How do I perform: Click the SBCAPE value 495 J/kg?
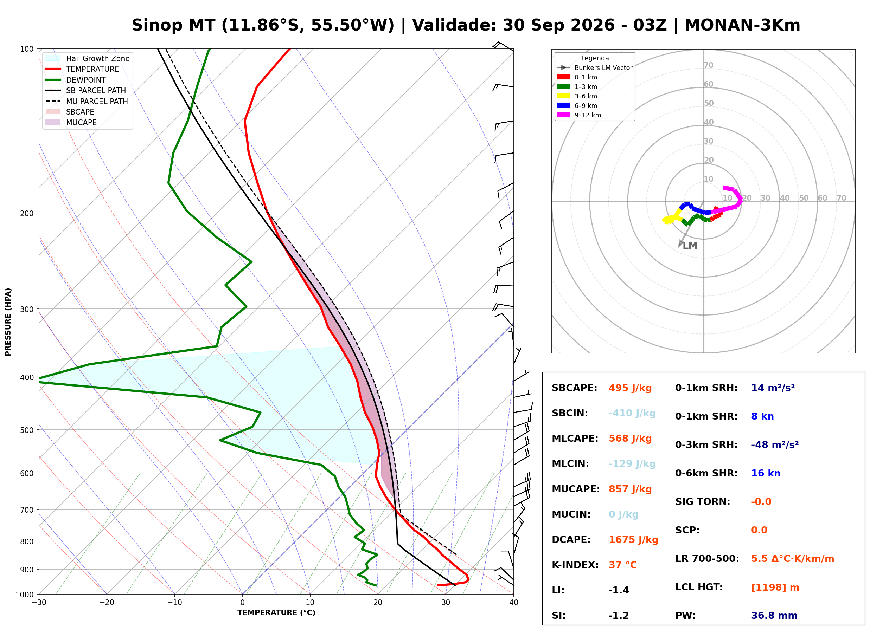630,388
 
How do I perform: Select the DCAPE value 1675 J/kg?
633,540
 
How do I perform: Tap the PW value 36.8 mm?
774,616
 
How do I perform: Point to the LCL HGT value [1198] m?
775,587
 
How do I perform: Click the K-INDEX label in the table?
575,565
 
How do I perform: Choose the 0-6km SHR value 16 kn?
766,473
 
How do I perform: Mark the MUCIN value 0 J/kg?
623,514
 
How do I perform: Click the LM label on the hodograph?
690,246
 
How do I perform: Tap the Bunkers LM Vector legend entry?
595,68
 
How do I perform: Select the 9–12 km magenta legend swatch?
563,115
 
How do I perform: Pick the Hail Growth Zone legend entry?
88,58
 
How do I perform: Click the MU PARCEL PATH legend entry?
87,101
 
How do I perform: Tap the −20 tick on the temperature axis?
107,603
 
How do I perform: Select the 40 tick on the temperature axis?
514,603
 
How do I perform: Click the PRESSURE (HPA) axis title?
8,321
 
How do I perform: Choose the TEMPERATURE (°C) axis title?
276,613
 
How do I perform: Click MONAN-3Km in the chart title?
742,25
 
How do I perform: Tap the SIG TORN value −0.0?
761,502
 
